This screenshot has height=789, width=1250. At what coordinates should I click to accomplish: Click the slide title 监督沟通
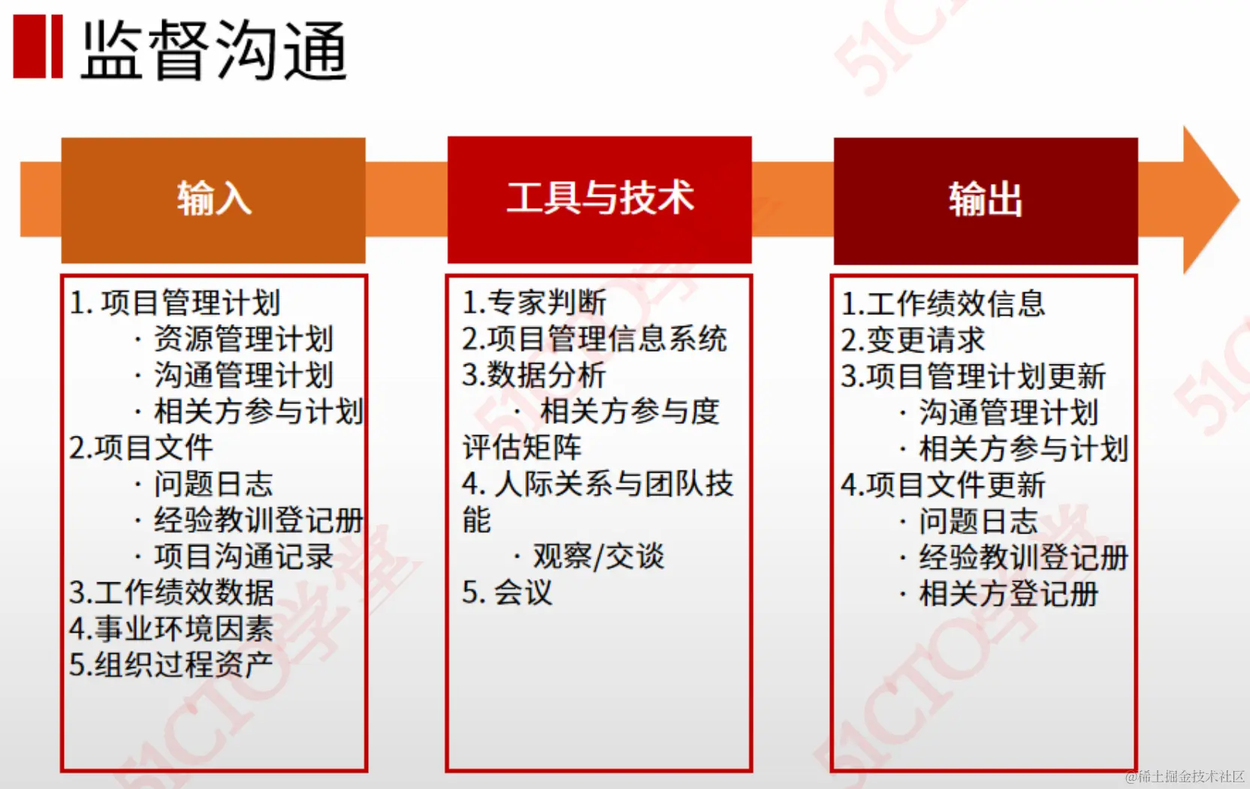(x=214, y=50)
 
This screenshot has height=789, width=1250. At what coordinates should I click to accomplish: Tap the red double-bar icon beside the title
(x=38, y=47)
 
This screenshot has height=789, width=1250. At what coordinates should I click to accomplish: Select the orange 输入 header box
(x=213, y=200)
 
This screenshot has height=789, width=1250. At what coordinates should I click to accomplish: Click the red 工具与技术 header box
(x=599, y=199)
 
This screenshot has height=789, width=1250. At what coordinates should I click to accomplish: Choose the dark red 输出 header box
(x=986, y=200)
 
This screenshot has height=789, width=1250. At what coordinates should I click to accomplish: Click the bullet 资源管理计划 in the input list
(x=243, y=339)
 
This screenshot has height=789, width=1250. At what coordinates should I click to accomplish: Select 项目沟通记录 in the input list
(x=243, y=557)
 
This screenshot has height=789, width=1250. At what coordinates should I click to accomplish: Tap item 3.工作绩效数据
(x=171, y=593)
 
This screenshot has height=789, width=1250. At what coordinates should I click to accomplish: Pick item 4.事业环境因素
(x=171, y=629)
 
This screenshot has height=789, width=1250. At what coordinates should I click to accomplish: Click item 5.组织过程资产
(x=171, y=665)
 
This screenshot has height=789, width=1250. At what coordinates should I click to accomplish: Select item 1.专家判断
(x=534, y=303)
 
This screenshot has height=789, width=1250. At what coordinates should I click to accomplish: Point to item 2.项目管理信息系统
(x=594, y=339)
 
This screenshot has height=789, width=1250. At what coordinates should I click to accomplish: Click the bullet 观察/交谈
(x=599, y=557)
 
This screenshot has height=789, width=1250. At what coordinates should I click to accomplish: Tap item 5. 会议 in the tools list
(x=507, y=593)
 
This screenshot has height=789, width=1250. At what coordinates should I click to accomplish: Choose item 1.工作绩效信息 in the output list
(x=943, y=304)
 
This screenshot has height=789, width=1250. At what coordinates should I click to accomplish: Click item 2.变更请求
(x=913, y=340)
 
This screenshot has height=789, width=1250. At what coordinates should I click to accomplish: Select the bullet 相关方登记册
(x=1009, y=594)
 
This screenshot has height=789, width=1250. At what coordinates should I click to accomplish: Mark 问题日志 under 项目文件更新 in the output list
(x=978, y=521)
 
